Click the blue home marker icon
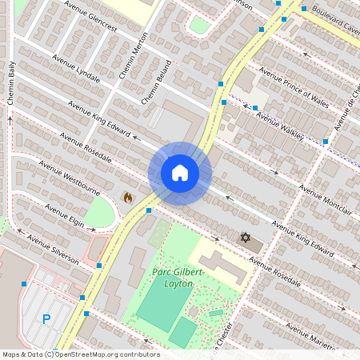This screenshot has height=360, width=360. point(180,173)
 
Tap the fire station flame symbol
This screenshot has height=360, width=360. point(127,196)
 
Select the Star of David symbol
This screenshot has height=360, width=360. point(246,238)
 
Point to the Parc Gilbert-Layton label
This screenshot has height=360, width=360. point(178,278)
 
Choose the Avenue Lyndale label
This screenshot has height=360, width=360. point(76,69)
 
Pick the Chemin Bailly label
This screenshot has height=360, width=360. point(11,83)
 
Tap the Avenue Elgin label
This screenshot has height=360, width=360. point(64,214)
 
